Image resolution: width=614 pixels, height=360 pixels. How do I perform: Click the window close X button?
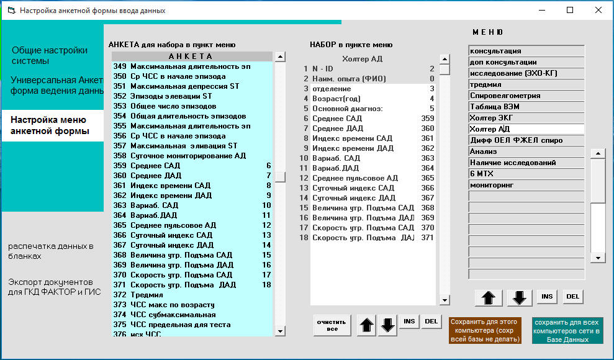point(598,10)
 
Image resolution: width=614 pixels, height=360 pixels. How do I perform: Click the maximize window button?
point(570,10)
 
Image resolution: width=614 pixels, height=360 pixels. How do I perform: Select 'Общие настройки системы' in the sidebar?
point(50,55)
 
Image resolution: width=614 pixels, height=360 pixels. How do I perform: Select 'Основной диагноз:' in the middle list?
point(347,109)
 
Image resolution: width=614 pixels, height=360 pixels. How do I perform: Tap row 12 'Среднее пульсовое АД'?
point(354,178)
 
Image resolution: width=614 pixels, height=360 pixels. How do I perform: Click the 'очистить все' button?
point(332,325)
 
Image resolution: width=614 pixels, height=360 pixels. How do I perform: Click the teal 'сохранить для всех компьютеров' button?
point(567,331)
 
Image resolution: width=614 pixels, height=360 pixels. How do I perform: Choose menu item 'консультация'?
point(526,51)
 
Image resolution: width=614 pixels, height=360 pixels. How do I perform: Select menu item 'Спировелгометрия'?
point(526,96)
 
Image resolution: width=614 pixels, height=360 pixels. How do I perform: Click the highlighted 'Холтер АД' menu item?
point(526,129)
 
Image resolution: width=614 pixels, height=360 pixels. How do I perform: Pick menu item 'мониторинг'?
point(526,185)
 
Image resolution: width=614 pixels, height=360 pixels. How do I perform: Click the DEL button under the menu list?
point(572,297)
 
